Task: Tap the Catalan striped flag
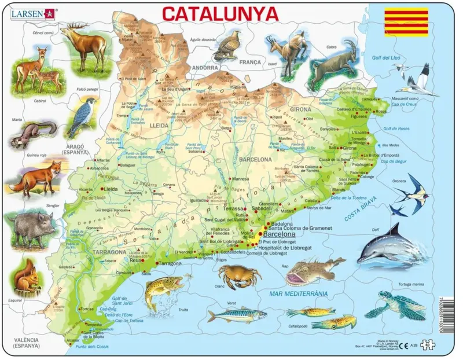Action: pyautogui.click(x=406, y=22)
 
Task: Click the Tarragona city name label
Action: pyautogui.click(x=171, y=263)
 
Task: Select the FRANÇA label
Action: pyautogui.click(x=250, y=62)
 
